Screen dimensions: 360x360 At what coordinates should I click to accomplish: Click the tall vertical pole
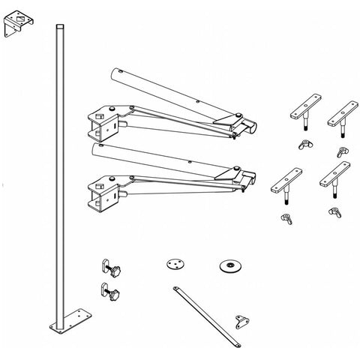pos(59,172)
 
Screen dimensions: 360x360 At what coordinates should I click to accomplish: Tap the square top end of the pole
pos(59,28)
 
